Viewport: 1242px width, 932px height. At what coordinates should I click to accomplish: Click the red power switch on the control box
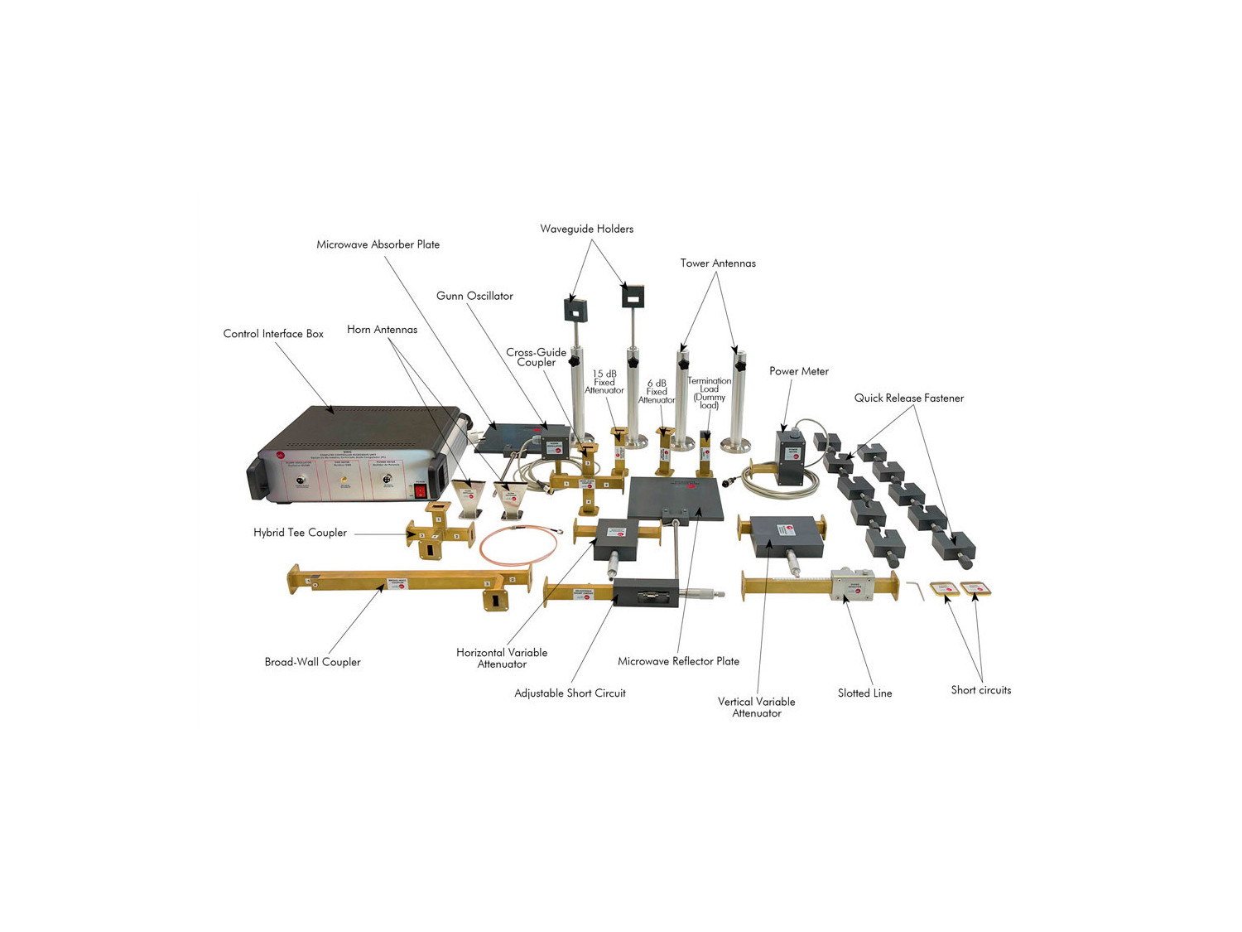click(421, 491)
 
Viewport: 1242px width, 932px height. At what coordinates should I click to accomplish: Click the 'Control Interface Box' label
click(273, 334)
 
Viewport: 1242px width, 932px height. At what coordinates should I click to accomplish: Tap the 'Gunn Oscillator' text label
click(474, 296)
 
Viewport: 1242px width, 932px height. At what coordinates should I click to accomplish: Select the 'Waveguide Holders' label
click(586, 229)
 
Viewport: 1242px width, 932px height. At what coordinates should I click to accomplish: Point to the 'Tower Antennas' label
click(718, 263)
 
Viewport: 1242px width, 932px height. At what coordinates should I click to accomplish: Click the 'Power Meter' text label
click(798, 371)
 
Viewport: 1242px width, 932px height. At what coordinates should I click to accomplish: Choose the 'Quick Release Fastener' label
click(908, 398)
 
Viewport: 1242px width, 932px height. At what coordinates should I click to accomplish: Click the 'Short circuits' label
click(980, 690)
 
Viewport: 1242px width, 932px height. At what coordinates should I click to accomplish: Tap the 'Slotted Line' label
click(864, 693)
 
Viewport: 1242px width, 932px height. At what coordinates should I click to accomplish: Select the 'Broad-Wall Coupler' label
click(312, 662)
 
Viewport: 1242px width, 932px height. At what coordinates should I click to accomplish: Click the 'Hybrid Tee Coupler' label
click(300, 533)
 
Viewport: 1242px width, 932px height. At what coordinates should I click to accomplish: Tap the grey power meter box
click(791, 457)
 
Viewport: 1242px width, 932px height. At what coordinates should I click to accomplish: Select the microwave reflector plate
click(674, 498)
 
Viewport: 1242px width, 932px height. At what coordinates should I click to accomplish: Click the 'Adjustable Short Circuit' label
click(570, 693)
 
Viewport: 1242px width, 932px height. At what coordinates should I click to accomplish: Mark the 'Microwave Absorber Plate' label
click(378, 244)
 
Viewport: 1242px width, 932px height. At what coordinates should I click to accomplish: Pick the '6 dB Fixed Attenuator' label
click(656, 392)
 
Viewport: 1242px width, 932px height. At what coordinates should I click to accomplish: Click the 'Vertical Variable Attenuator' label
click(756, 707)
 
